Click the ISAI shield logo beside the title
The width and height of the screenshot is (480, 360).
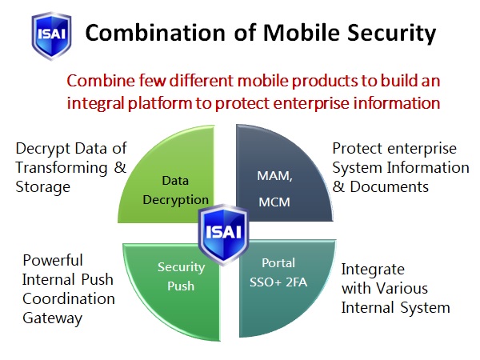pyautogui.click(x=51, y=36)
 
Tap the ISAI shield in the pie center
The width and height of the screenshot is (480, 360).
pyautogui.click(x=224, y=234)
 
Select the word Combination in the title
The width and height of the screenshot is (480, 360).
pyautogui.click(x=155, y=33)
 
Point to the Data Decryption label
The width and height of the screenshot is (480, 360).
pyautogui.click(x=175, y=190)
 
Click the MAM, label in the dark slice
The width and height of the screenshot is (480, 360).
pyautogui.click(x=274, y=176)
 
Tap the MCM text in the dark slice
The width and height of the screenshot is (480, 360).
pyautogui.click(x=274, y=202)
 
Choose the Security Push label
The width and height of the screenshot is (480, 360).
pyautogui.click(x=182, y=277)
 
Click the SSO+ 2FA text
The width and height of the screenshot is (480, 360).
pyautogui.click(x=278, y=282)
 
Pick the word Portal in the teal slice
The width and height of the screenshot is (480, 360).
pyautogui.click(x=278, y=263)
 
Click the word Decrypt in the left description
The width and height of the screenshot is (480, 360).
pyautogui.click(x=43, y=149)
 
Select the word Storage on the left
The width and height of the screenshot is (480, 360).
pyautogui.click(x=43, y=187)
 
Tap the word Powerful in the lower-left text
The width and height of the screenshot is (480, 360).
pyautogui.click(x=53, y=261)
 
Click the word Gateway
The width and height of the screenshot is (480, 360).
pyautogui.click(x=52, y=318)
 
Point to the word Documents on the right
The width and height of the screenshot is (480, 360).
pyautogui.click(x=389, y=187)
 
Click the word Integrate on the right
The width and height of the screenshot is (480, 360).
pyautogui.click(x=373, y=270)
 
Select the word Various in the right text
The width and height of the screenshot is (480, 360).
pyautogui.click(x=402, y=288)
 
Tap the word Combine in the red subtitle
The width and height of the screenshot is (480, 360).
pyautogui.click(x=101, y=81)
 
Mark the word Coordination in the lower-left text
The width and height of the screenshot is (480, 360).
pyautogui.click(x=69, y=299)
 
